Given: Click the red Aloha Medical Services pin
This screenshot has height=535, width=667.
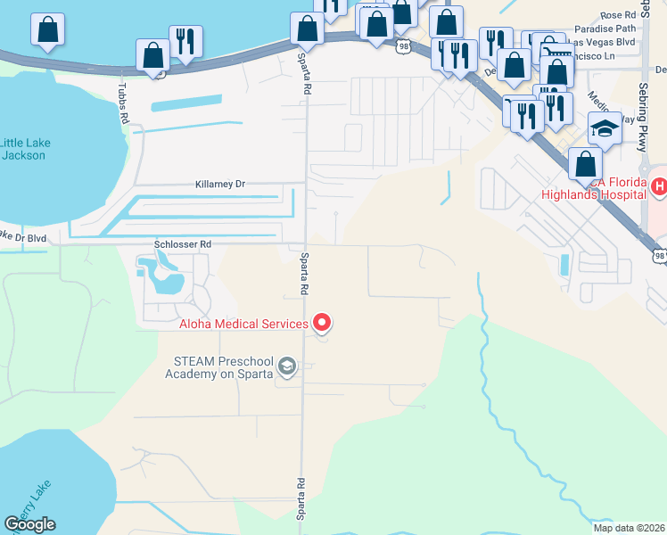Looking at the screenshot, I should tap(323, 323).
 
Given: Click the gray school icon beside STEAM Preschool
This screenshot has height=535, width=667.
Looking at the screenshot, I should tap(287, 366).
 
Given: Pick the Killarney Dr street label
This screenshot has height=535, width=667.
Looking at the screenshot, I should tap(219, 184).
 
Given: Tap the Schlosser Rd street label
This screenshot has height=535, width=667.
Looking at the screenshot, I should tap(182, 243).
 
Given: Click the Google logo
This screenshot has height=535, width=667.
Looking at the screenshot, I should tap(29, 524).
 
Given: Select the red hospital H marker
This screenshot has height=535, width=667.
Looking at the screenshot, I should tap(659, 186).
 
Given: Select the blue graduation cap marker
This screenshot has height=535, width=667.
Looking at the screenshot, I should tap(605, 129).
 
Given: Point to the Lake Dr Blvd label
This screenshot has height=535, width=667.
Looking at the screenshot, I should tap(23, 237).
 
